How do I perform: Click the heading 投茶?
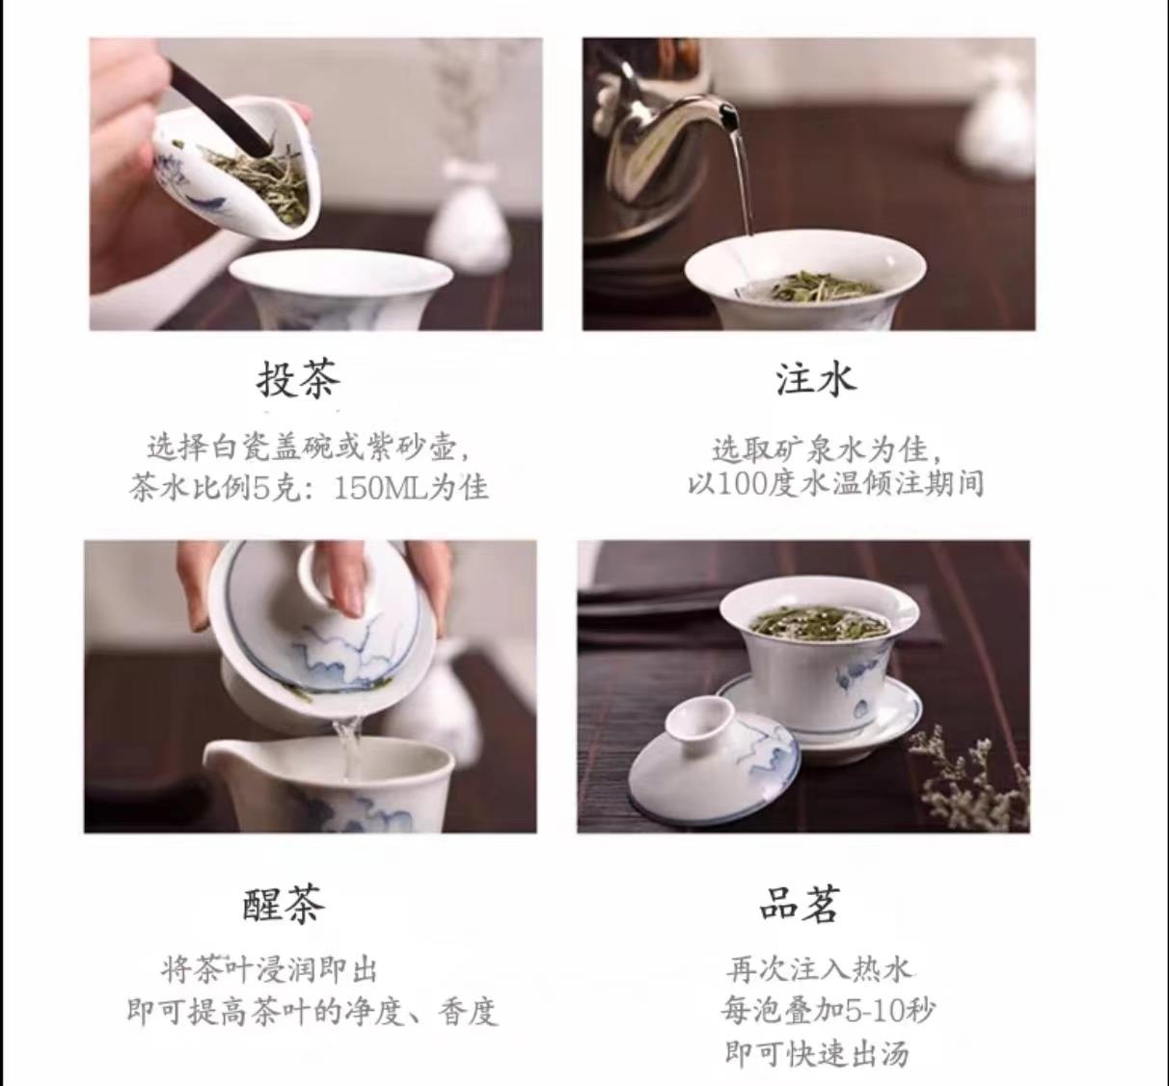(x=298, y=379)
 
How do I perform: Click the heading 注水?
(x=816, y=379)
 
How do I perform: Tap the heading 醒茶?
(x=284, y=904)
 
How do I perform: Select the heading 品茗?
(x=800, y=904)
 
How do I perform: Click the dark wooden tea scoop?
(x=221, y=108)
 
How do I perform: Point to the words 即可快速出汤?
(x=816, y=1053)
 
